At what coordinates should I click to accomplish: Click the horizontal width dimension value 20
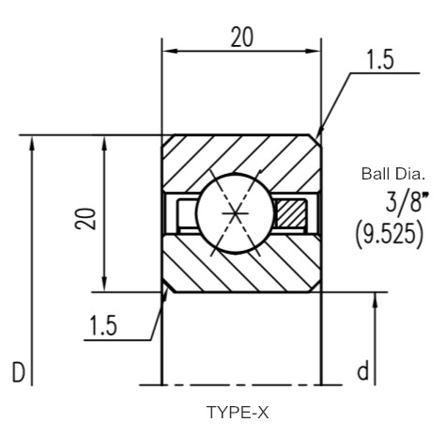point(241,38)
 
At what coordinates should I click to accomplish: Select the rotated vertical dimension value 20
point(85,218)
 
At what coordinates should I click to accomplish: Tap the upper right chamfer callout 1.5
point(379,59)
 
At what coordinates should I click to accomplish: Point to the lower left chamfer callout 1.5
point(103,325)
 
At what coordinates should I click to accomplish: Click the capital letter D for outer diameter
point(18,372)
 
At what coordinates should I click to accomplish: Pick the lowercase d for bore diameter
point(362,370)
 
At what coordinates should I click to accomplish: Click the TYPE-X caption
point(238,413)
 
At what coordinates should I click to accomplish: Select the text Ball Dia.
point(393,174)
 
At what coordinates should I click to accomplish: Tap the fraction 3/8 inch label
point(407,203)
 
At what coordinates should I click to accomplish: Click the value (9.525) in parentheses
point(390,234)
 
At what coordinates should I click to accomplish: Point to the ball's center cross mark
point(236,213)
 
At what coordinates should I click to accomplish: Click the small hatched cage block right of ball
point(290,213)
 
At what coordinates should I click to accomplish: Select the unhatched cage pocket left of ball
point(187,213)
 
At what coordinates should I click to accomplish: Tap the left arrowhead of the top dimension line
point(170,51)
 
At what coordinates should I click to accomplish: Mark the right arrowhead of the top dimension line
point(313,51)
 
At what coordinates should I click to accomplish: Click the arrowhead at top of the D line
point(32,144)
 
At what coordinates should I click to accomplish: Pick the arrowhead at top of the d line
point(376,300)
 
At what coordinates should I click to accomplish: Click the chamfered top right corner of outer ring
point(315,140)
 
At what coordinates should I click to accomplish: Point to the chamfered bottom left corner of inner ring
point(168,287)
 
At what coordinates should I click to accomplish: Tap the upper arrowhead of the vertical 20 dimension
point(104,144)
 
